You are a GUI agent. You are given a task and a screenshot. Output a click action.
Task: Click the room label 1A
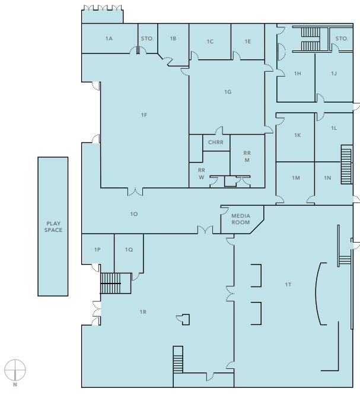tap(109, 39)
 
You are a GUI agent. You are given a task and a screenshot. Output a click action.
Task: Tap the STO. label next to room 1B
tap(147, 39)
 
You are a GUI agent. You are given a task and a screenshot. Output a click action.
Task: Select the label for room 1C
tap(210, 42)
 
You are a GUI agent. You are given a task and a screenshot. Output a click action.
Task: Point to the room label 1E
tap(248, 42)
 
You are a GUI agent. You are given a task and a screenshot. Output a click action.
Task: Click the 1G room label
tap(227, 92)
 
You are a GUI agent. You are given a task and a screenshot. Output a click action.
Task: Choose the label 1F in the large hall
tap(144, 114)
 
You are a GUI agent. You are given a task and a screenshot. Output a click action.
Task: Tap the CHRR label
tap(215, 142)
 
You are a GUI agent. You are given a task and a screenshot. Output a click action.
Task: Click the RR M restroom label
tap(247, 157)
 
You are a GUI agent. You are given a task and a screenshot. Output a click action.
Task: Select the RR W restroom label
tap(201, 173)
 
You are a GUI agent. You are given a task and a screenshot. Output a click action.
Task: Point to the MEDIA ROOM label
tap(240, 219)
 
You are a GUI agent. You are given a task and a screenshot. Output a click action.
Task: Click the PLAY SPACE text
tap(54, 227)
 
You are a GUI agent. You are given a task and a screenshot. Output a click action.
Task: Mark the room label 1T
tap(288, 285)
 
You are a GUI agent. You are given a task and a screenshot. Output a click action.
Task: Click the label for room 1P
tap(97, 250)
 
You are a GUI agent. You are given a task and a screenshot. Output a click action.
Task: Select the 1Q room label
tap(129, 250)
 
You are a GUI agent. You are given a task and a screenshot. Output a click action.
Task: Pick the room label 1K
tap(297, 135)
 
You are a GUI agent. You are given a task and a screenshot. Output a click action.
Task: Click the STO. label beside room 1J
tap(342, 39)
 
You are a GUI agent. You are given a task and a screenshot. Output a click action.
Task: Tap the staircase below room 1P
tap(114, 283)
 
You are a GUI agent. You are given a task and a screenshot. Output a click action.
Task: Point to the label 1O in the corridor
tap(134, 214)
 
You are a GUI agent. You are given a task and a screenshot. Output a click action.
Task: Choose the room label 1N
tap(327, 178)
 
